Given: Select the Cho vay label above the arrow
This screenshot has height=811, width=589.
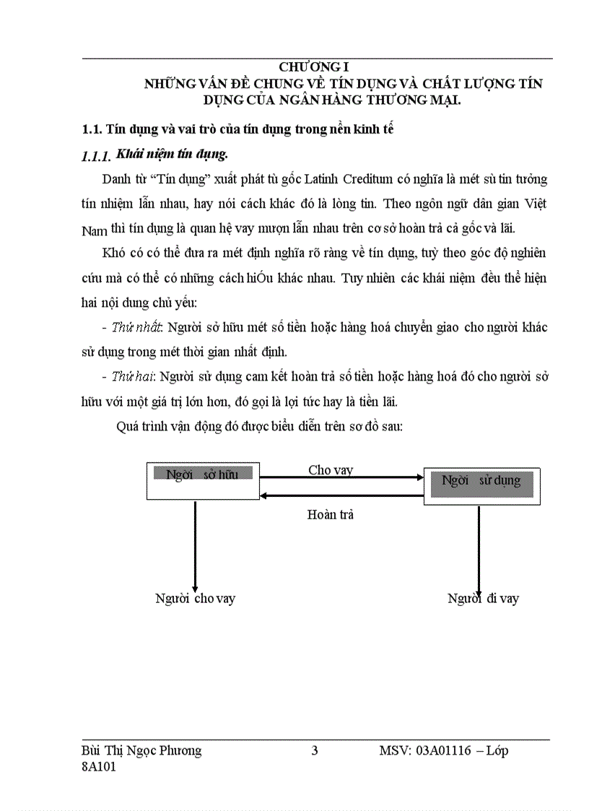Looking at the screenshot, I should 331,469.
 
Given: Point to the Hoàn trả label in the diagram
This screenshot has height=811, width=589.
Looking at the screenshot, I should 330,514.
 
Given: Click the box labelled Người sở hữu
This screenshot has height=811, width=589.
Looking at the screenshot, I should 202,480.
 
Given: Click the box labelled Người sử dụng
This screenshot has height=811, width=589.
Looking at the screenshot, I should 481,485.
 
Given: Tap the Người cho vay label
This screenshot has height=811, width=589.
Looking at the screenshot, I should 195,598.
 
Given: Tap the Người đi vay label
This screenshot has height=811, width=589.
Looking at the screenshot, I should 483,598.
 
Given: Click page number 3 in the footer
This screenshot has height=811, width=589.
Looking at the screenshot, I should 314,750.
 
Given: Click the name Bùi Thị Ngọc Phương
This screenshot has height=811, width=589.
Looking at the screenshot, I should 141,750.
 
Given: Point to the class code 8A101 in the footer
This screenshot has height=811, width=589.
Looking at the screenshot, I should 99,768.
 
